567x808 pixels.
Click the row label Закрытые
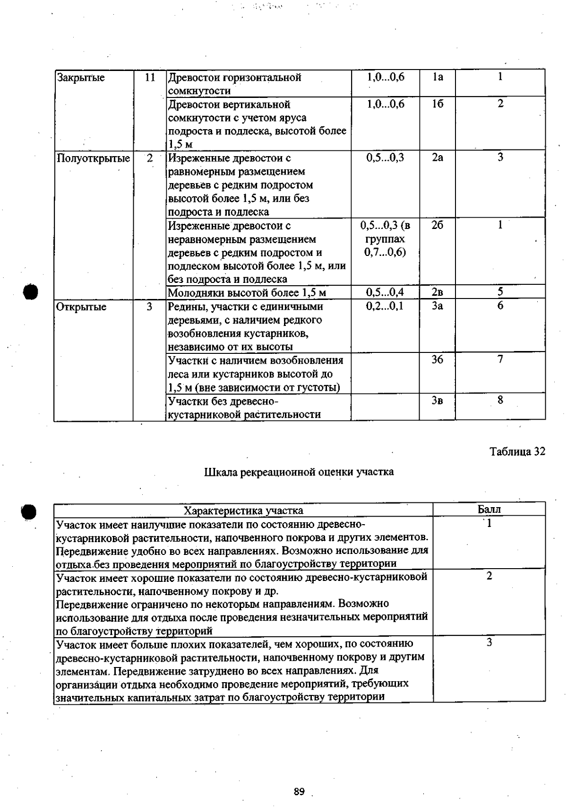[x=80, y=78]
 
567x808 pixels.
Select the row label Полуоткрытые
[x=93, y=158]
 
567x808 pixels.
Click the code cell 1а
[x=438, y=77]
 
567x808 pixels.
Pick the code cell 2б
[x=438, y=226]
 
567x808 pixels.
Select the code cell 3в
[x=438, y=401]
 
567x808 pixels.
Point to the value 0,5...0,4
[x=385, y=292]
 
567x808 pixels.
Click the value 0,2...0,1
[x=385, y=306]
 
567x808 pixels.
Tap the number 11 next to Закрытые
[x=150, y=78]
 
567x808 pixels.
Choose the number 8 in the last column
[x=500, y=400]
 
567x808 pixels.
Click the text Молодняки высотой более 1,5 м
[x=247, y=293]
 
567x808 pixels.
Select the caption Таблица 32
[x=517, y=451]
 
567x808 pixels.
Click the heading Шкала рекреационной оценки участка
[x=299, y=472]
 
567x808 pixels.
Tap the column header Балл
[x=489, y=509]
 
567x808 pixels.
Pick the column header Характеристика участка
[x=243, y=510]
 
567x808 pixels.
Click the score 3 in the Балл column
[x=489, y=642]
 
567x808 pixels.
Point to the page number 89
[x=299, y=791]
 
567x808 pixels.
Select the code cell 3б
[x=438, y=360]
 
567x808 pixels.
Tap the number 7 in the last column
[x=500, y=360]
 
